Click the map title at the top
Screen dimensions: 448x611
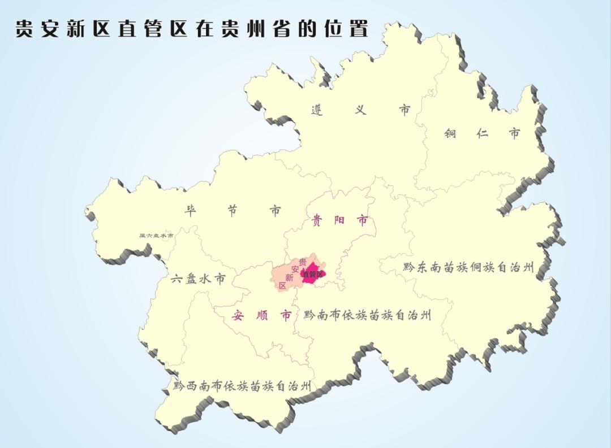[191, 29]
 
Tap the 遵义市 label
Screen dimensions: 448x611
[360, 110]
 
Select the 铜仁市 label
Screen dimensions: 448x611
[482, 133]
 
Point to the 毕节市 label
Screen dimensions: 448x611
[232, 211]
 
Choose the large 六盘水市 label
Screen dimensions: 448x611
[198, 279]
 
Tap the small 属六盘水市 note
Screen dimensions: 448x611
[156, 236]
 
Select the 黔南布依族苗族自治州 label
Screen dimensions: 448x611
[367, 315]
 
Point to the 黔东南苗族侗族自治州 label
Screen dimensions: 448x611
[468, 267]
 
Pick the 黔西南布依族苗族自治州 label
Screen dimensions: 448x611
[242, 386]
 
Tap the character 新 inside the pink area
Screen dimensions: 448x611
[289, 277]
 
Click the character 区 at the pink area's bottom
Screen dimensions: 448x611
[282, 286]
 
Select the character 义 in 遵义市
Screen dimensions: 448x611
[360, 110]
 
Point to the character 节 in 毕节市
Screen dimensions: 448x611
[232, 211]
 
